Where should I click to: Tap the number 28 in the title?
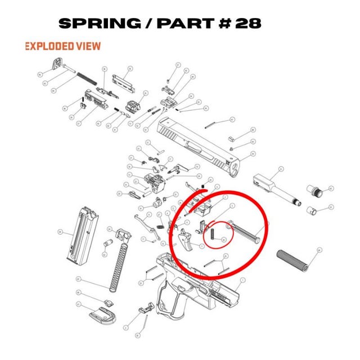click(x=248, y=24)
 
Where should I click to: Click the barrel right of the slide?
click(x=276, y=186)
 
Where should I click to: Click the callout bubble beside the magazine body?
click(x=60, y=231)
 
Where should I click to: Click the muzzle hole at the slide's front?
click(x=234, y=168)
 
